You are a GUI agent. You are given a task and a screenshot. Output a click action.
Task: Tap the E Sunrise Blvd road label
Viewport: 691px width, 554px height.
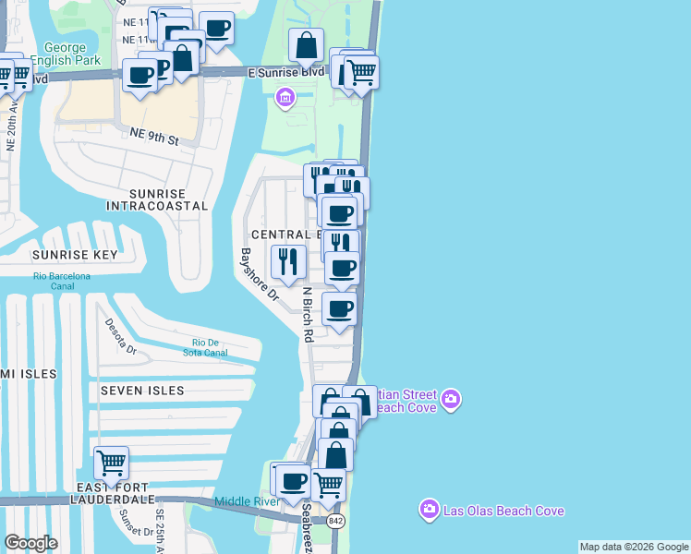click(x=286, y=71)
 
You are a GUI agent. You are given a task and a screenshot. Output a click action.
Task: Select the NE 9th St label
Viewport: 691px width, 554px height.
click(x=152, y=137)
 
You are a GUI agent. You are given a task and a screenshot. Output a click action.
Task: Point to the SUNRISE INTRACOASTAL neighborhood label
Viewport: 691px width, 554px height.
click(x=157, y=199)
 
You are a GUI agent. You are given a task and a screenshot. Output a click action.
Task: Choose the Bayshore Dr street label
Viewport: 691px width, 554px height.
click(x=259, y=274)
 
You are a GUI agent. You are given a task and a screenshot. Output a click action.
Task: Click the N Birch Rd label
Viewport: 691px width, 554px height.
click(x=308, y=314)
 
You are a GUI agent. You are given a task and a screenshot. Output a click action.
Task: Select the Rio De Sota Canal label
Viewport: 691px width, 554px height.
click(x=204, y=347)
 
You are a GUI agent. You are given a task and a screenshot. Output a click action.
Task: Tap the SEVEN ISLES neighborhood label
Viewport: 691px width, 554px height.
click(x=142, y=391)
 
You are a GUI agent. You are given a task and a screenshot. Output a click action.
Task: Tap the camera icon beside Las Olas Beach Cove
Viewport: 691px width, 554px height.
click(x=429, y=509)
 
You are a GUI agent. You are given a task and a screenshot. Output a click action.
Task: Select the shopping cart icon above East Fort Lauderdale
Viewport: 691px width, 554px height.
click(x=111, y=462)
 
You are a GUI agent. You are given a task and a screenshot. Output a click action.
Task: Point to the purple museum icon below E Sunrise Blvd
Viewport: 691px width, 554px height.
click(x=285, y=97)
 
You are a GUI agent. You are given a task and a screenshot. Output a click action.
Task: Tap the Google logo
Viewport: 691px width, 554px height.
click(x=30, y=543)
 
